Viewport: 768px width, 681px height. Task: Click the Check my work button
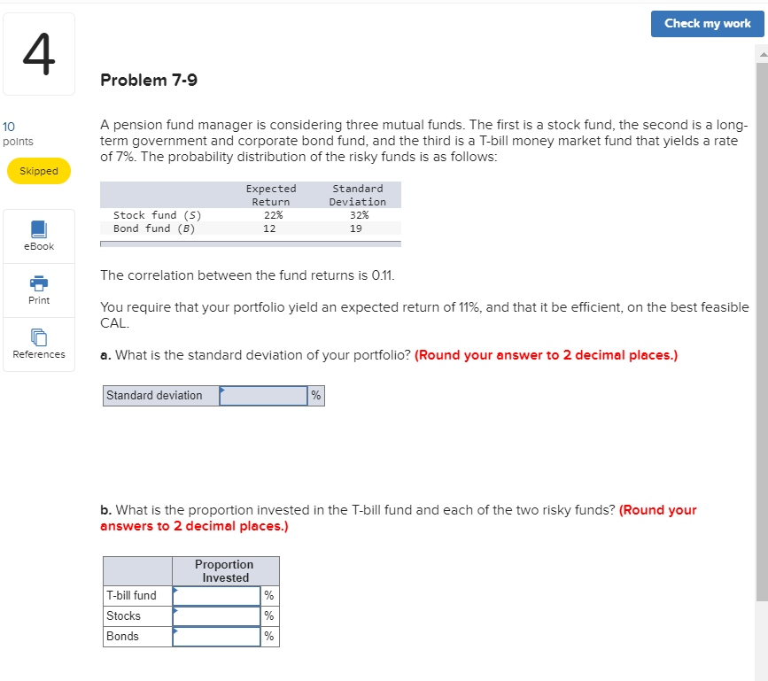[707, 24]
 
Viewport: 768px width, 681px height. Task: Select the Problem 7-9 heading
[149, 81]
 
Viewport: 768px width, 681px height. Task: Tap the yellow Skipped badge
[39, 171]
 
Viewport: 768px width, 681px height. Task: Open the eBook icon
[39, 229]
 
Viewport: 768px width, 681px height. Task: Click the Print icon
[39, 283]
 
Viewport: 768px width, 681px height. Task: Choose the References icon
[39, 337]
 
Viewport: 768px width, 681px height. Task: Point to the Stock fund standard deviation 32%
[357, 215]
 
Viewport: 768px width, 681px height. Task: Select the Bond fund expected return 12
[269, 228]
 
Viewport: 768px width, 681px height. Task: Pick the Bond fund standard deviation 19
[356, 228]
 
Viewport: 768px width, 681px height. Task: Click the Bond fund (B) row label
[154, 228]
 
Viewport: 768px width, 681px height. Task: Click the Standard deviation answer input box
[263, 396]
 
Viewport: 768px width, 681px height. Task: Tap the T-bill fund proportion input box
[216, 596]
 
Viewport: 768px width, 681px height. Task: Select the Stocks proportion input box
[216, 616]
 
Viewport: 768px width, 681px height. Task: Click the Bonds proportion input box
[216, 637]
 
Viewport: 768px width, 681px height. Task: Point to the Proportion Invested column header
[225, 571]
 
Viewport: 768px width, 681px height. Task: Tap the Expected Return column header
[270, 195]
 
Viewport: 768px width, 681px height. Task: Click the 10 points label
[18, 135]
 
